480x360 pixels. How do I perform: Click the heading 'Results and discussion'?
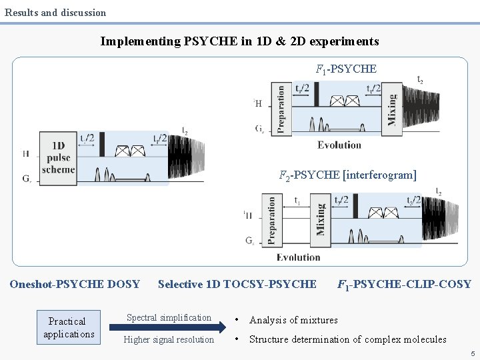click(x=55, y=12)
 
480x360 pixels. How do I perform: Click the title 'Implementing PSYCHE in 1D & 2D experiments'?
click(x=239, y=41)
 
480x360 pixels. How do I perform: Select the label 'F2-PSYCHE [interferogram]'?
click(x=347, y=175)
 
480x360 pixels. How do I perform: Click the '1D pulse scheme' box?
click(x=58, y=157)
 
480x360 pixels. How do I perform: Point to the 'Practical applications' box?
click(x=67, y=327)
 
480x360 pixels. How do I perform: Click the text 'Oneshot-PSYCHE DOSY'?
click(x=75, y=284)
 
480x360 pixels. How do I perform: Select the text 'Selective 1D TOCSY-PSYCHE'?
click(x=237, y=284)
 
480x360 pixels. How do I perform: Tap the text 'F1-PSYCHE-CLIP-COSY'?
click(x=404, y=285)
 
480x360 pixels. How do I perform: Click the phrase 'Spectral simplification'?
click(x=169, y=317)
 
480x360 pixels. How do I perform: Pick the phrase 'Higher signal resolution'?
click(x=169, y=340)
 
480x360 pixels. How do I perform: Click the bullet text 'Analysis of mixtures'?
click(x=293, y=320)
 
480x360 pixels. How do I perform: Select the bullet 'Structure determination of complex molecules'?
click(x=347, y=339)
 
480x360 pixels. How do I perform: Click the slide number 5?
click(x=472, y=353)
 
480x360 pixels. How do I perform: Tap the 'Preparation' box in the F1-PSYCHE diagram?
click(x=280, y=109)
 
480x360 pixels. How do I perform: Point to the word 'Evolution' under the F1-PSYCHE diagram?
click(x=339, y=145)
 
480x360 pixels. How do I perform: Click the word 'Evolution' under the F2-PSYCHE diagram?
click(x=298, y=257)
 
